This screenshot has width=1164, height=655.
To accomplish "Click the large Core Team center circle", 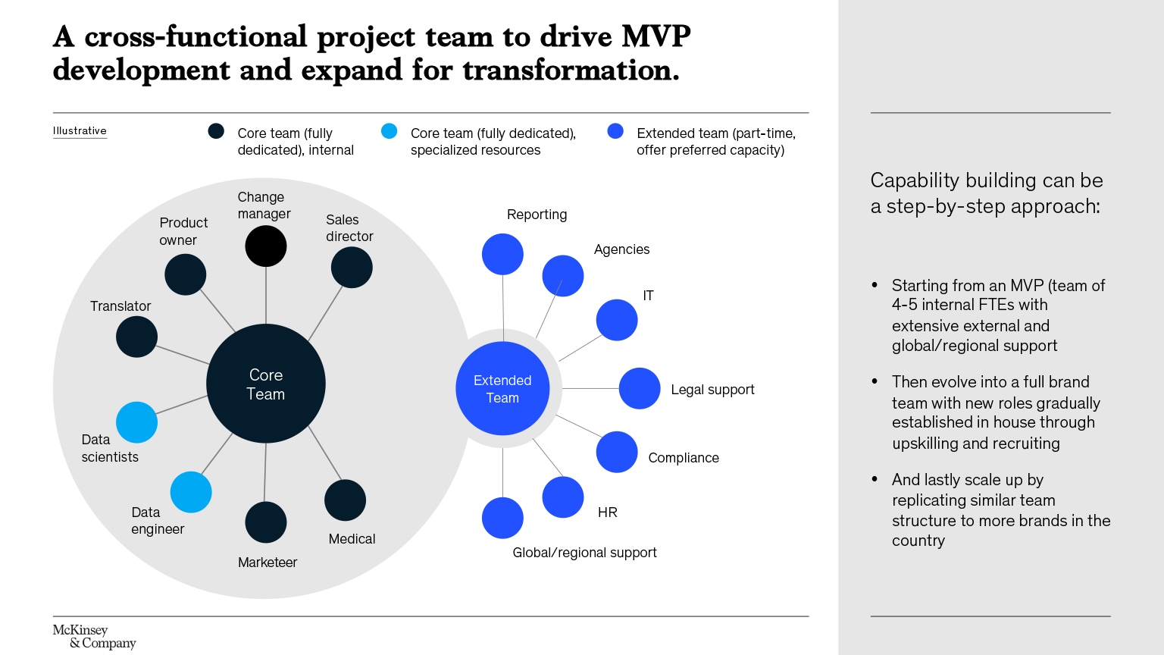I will tap(266, 384).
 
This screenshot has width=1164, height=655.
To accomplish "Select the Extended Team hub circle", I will tap(502, 388).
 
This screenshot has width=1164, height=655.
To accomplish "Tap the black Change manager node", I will tap(266, 246).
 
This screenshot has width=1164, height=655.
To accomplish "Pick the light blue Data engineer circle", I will tap(191, 492).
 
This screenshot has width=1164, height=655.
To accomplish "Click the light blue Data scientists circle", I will tap(136, 422).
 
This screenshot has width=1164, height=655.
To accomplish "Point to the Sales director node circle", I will tap(352, 267).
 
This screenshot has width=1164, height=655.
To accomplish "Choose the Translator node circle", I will tap(136, 337).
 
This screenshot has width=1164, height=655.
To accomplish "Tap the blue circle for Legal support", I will tap(640, 388).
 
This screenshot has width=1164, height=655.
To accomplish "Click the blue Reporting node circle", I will tap(502, 254).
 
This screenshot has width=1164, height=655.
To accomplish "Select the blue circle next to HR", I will tap(563, 497).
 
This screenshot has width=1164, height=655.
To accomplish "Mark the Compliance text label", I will tap(684, 458).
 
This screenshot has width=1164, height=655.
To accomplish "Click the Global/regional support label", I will tap(584, 553).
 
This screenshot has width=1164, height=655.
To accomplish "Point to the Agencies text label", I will tap(621, 249).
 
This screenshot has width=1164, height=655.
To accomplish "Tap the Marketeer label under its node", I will tap(268, 563).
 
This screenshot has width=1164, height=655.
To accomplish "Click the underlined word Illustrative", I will tap(80, 131).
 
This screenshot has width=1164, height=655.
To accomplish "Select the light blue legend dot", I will tap(389, 131).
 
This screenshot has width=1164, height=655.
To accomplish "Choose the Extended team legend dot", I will tap(615, 131).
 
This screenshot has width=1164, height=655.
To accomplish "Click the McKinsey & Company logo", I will tap(94, 637).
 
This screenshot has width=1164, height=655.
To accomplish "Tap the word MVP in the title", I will tap(656, 36).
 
